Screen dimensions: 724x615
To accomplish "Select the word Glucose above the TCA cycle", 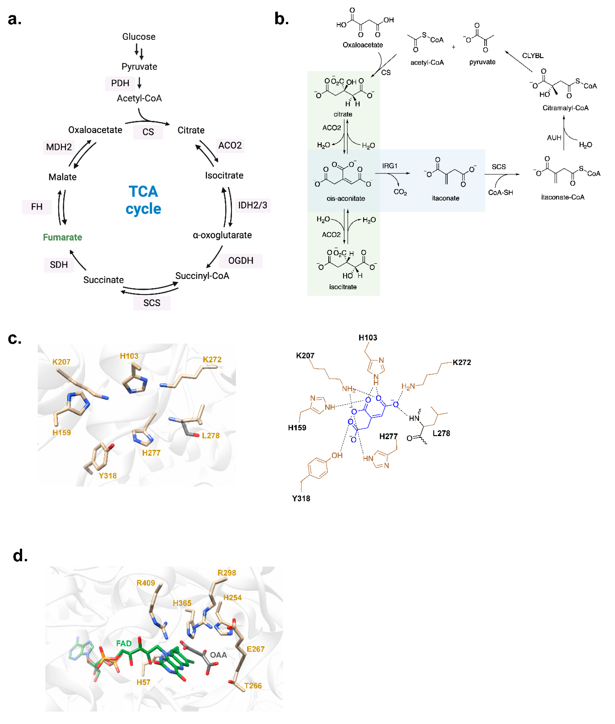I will (x=139, y=37).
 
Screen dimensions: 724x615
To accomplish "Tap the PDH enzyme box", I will (x=120, y=83).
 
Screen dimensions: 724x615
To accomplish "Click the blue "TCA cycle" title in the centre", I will (x=143, y=200).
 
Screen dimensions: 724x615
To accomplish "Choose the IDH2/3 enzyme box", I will (x=252, y=205).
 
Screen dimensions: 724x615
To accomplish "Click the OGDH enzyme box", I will (x=241, y=261).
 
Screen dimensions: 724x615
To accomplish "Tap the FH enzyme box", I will (x=37, y=207).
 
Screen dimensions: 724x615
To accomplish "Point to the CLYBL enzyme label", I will (x=532, y=56).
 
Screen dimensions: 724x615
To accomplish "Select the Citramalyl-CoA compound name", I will (x=565, y=108).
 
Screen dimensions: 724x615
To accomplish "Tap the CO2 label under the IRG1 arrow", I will (x=400, y=192).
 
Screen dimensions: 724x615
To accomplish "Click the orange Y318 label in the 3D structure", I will (x=107, y=476).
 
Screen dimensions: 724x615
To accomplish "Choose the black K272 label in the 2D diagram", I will (x=462, y=363).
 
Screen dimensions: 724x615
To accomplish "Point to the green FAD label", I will (x=124, y=643).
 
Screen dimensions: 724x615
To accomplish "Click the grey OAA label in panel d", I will (x=218, y=655).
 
